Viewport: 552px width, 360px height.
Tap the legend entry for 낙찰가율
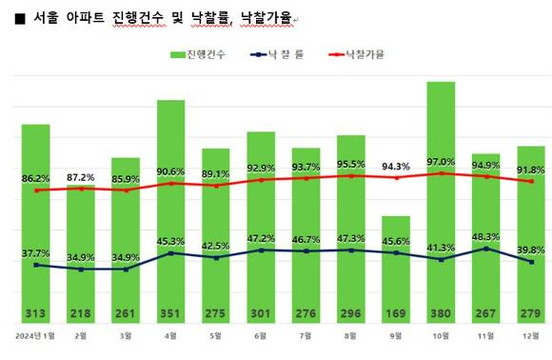tap(356, 55)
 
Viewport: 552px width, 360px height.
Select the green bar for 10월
tap(441, 190)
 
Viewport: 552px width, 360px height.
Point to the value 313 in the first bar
tap(35, 314)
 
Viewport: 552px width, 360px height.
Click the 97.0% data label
tap(441, 162)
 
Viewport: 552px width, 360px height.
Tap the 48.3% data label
tap(486, 236)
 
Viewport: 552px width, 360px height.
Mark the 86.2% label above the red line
tap(36, 178)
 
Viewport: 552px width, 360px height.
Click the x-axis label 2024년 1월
tap(35, 335)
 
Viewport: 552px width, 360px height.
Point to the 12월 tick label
tap(531, 335)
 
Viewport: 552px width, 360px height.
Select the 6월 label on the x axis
tap(261, 335)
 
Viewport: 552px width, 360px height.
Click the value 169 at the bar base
tap(395, 314)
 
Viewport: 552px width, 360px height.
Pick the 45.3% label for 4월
tap(170, 240)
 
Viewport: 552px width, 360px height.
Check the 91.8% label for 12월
tap(531, 170)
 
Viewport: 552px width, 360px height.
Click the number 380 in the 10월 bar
tap(441, 314)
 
